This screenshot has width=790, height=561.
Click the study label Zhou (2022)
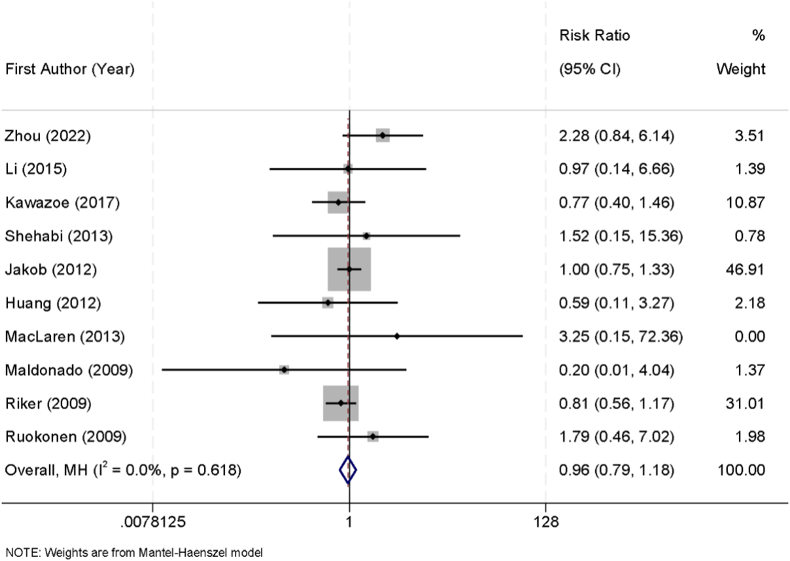click(47, 136)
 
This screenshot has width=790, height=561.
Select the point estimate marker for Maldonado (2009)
click(284, 370)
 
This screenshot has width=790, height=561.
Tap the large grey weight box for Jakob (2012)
click(349, 269)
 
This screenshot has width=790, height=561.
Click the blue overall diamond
click(348, 470)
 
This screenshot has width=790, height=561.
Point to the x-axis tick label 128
click(546, 521)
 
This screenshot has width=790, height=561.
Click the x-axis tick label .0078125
click(153, 521)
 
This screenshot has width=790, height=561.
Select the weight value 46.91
click(745, 269)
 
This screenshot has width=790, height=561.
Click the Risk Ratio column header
click(594, 35)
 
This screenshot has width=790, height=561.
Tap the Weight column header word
click(741, 69)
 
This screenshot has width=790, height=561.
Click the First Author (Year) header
click(70, 69)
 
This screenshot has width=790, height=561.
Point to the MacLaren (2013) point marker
click(397, 336)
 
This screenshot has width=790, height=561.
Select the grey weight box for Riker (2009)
click(341, 403)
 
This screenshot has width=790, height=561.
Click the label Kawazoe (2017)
click(62, 203)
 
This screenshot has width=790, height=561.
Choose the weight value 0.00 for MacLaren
click(749, 336)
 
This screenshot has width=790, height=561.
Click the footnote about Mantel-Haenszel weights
click(134, 552)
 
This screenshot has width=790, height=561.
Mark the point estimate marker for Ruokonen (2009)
click(372, 436)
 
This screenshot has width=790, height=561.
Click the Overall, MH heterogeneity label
click(123, 470)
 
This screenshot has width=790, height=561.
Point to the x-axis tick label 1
click(349, 521)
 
